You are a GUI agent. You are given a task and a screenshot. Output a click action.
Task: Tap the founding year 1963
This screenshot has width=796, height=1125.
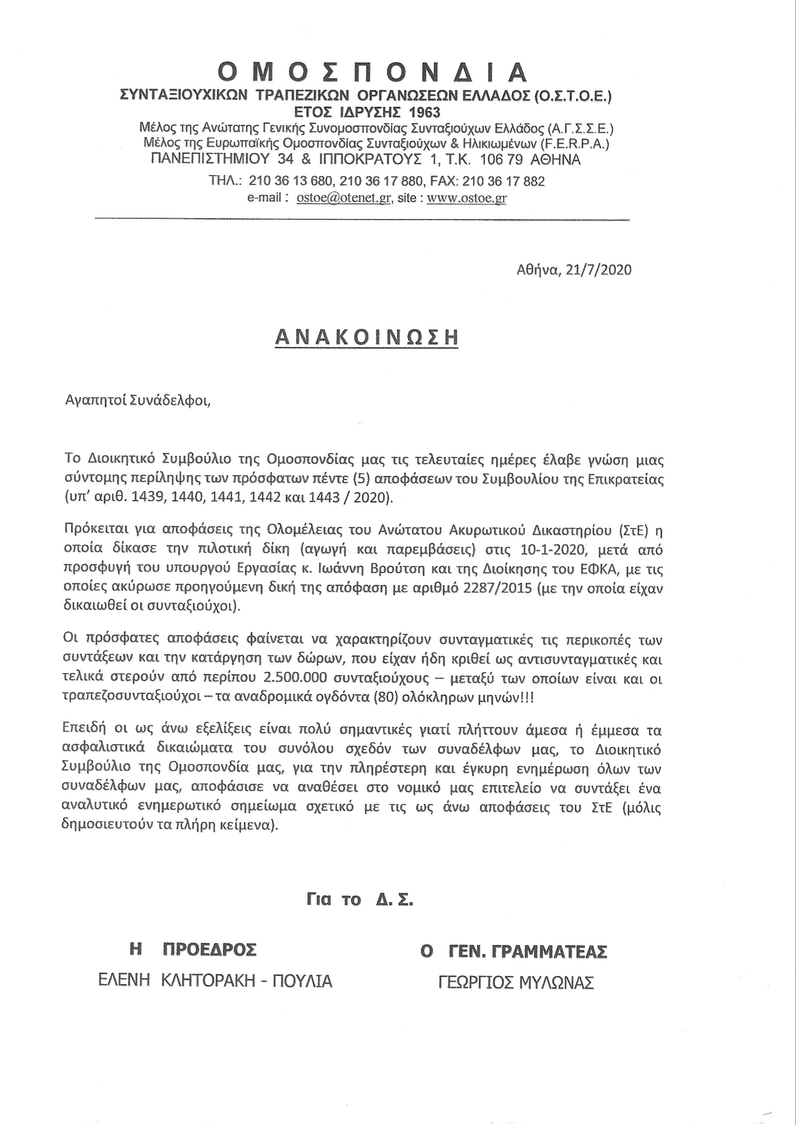click(x=423, y=112)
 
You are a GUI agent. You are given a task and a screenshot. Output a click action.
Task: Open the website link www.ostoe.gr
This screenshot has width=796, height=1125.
click(x=466, y=198)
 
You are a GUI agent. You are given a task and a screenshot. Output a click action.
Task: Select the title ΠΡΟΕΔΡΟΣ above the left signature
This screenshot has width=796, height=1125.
click(x=209, y=949)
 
